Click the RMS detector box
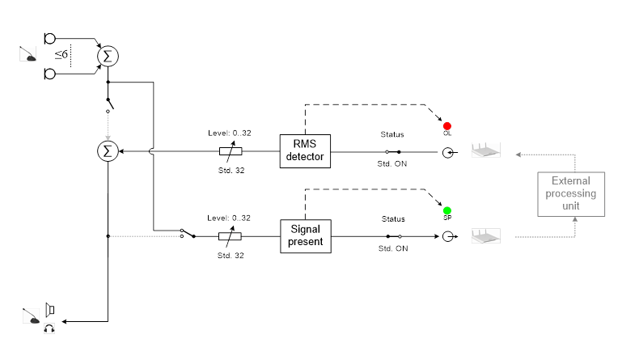pyautogui.click(x=306, y=150)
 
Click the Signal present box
pyautogui.click(x=306, y=235)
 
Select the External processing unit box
pyautogui.click(x=573, y=194)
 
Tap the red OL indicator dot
pyautogui.click(x=446, y=126)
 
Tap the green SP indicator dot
pyautogui.click(x=446, y=210)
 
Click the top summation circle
pyautogui.click(x=108, y=56)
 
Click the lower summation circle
pyautogui.click(x=108, y=150)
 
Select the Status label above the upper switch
pyautogui.click(x=393, y=134)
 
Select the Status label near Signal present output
pyautogui.click(x=393, y=219)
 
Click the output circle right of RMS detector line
pyautogui.click(x=446, y=151)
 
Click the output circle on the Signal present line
pyautogui.click(x=446, y=236)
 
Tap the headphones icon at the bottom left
pyautogui.click(x=49, y=327)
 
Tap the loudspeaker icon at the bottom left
pyautogui.click(x=49, y=309)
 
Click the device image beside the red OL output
pyautogui.click(x=485, y=150)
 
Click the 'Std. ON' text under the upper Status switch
pyautogui.click(x=393, y=163)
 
